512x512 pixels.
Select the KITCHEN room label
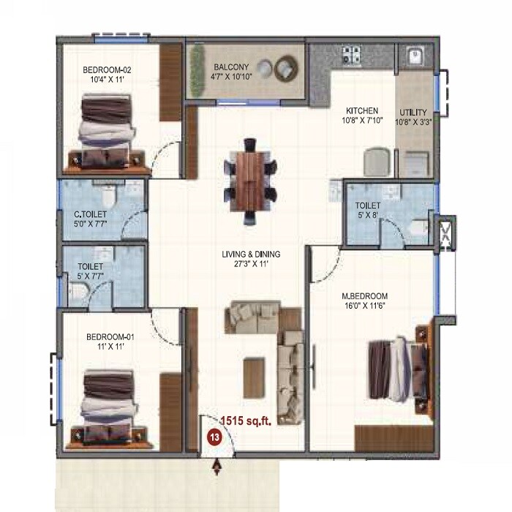(361, 111)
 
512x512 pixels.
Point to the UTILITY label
(413, 112)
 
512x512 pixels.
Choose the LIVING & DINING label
(252, 255)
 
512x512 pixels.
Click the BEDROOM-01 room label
(110, 336)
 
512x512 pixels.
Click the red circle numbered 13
(214, 437)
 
